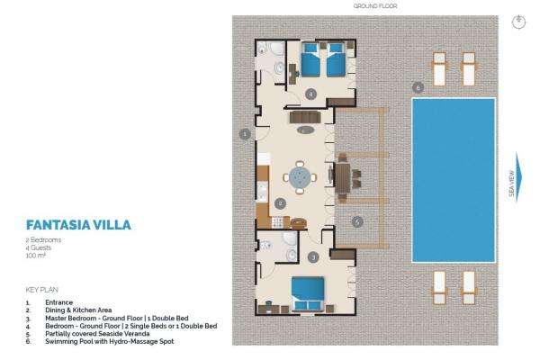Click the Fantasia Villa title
(78, 225)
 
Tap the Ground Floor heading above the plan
(375, 6)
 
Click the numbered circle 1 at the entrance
(245, 134)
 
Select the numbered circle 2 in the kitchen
(280, 203)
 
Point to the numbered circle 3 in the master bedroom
(313, 257)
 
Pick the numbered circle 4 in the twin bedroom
(311, 94)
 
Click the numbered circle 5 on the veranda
(357, 222)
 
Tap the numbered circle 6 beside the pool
(418, 87)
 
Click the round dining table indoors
(300, 177)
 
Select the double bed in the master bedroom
(308, 293)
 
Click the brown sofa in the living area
(305, 117)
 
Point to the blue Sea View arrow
(518, 177)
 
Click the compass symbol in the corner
(518, 22)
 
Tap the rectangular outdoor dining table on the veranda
(343, 178)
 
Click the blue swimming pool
(454, 180)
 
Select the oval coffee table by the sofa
(305, 130)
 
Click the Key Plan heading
(42, 290)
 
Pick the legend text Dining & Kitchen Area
(78, 310)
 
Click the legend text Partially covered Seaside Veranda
(97, 334)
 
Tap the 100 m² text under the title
(36, 256)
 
